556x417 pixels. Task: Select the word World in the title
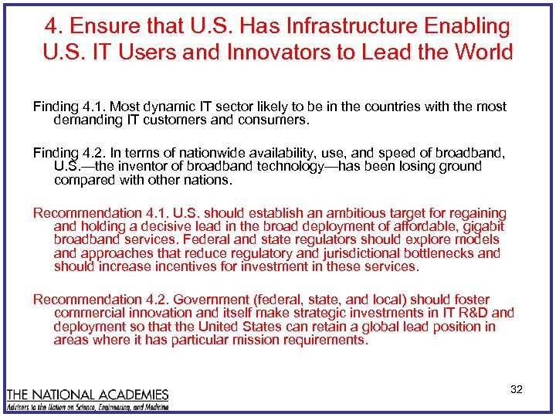(x=480, y=53)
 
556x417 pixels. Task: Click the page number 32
(x=517, y=390)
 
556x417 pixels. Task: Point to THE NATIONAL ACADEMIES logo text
(x=87, y=395)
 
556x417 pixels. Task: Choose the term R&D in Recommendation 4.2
(x=473, y=313)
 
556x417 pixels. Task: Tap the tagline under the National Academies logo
(x=87, y=406)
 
